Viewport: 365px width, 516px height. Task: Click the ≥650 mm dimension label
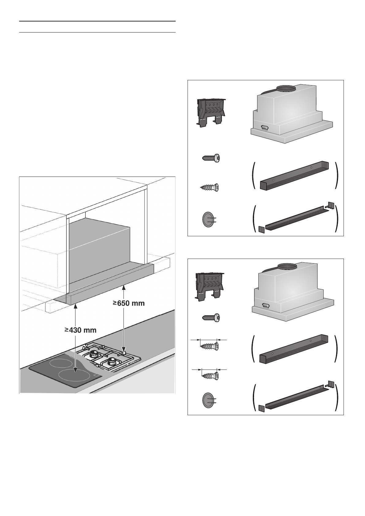[129, 303]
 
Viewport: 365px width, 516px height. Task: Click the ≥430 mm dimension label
[80, 330]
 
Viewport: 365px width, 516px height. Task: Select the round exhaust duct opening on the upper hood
[286, 88]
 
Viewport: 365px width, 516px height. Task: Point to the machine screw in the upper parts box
[211, 158]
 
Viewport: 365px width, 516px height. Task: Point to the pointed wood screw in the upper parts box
[209, 187]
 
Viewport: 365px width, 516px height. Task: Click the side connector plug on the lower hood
[266, 306]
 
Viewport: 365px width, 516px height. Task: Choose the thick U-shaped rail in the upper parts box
[295, 175]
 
